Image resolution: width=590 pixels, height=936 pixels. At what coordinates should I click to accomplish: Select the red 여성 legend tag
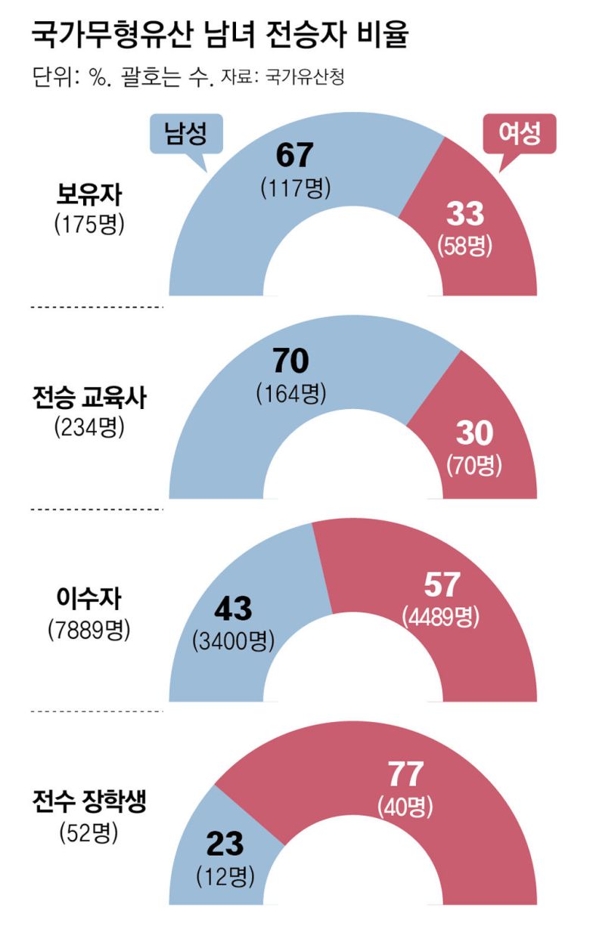tap(520, 135)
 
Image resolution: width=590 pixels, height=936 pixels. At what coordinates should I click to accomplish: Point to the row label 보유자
tap(88, 196)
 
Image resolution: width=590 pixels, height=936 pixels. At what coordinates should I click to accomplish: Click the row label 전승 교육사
tap(88, 398)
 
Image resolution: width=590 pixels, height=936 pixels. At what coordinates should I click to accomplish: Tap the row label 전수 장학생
tap(88, 802)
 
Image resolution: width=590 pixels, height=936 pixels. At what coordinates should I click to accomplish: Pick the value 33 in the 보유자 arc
tap(464, 215)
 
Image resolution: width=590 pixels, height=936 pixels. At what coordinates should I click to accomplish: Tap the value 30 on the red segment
tap(474, 432)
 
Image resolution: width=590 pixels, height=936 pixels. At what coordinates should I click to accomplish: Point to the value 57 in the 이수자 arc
tap(441, 584)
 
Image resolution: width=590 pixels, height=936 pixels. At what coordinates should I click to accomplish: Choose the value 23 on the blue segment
tap(225, 843)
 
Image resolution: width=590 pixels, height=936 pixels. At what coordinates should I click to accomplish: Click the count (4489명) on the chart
tap(442, 616)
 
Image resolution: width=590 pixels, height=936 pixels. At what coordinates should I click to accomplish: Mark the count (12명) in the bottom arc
tap(225, 876)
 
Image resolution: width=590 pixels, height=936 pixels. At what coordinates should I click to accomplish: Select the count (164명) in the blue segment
tap(291, 394)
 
